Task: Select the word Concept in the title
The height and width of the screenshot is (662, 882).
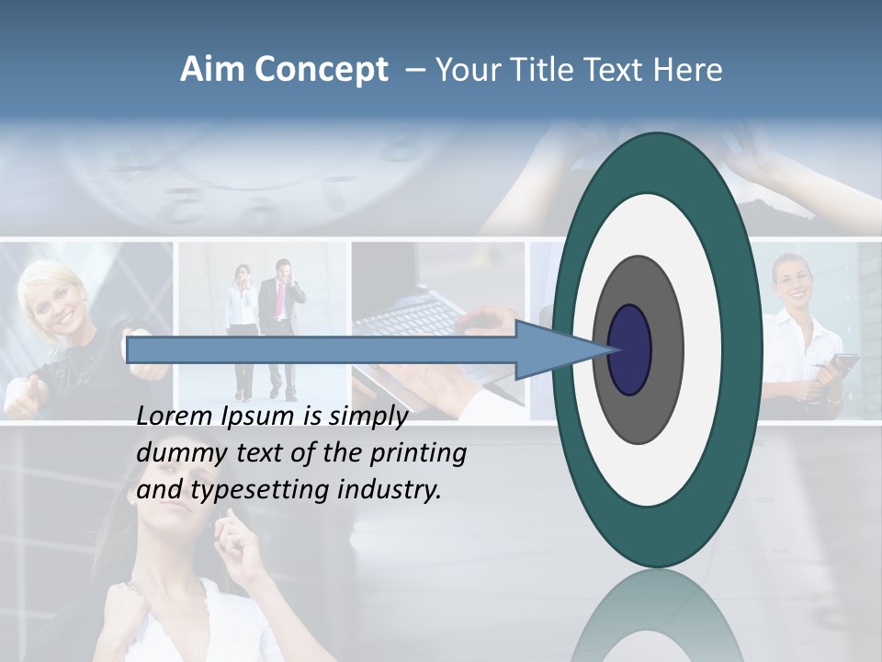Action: click(321, 70)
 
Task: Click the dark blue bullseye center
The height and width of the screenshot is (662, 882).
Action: click(630, 349)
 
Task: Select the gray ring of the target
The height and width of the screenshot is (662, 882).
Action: click(666, 349)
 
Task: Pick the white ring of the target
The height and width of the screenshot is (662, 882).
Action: click(703, 349)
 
